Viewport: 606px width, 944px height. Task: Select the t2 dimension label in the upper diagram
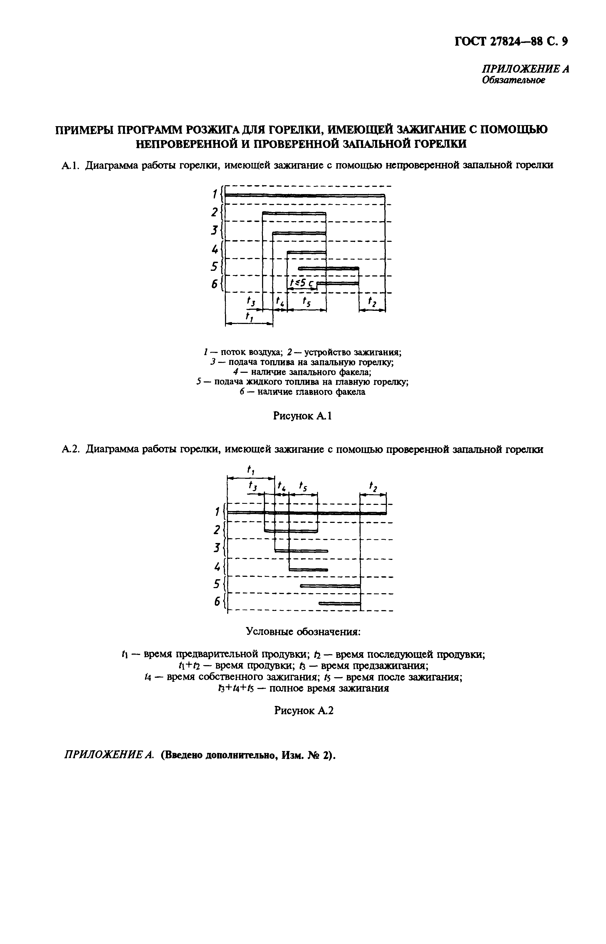coord(372,302)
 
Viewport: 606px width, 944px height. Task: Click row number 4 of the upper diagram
coord(215,249)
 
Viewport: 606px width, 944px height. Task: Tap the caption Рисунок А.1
coord(302,416)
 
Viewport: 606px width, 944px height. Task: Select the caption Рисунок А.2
coord(303,710)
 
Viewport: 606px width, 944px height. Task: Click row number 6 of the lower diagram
coord(216,602)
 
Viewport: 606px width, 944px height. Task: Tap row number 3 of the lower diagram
coord(216,548)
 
